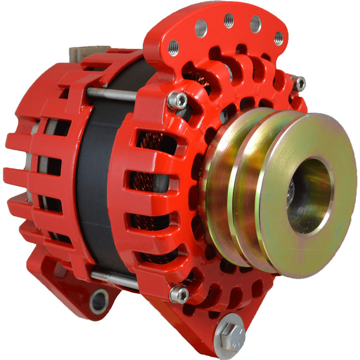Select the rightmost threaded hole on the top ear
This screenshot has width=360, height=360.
[278, 38]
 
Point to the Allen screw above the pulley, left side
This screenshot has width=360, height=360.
[178, 100]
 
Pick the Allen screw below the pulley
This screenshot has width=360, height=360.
[179, 294]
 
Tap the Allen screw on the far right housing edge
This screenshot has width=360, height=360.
[298, 82]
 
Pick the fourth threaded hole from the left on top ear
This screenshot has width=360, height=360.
[256, 24]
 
